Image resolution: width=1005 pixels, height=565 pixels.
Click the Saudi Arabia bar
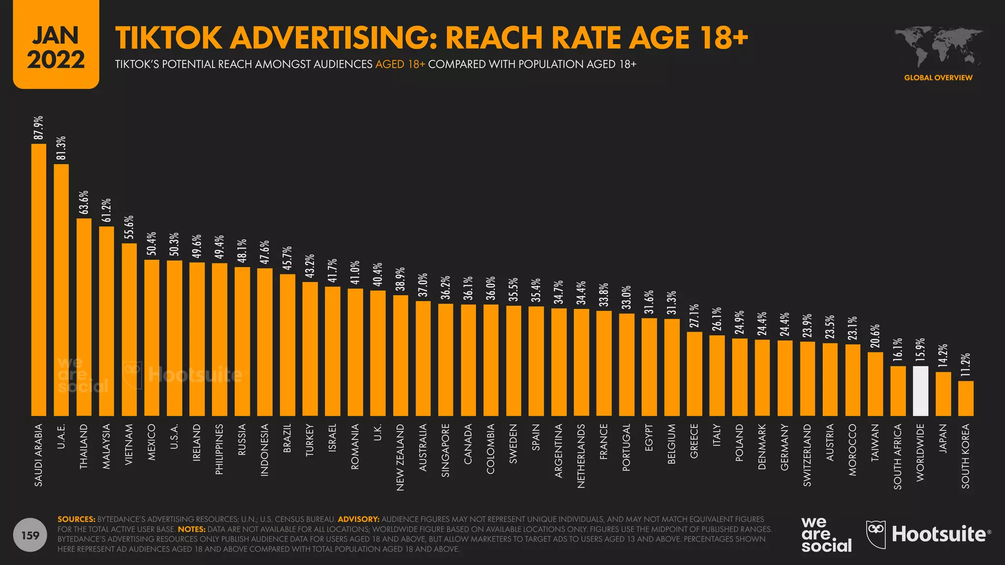tap(39, 280)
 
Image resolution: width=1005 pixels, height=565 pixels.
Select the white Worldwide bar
tap(920, 391)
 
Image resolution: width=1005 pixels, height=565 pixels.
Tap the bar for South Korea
tap(966, 398)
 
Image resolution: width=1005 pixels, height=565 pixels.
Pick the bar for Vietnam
tap(129, 330)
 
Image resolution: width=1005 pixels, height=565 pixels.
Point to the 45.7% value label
tap(287, 258)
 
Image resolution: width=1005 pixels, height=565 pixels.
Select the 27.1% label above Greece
tap(694, 316)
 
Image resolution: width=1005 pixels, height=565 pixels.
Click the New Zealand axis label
tap(400, 457)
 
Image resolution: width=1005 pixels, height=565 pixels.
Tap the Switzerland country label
tap(807, 455)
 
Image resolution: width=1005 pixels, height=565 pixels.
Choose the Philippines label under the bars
tap(219, 449)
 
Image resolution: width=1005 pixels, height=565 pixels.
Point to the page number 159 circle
tap(30, 535)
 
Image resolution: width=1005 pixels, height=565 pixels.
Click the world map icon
tap(938, 47)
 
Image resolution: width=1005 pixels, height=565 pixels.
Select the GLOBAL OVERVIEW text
tap(938, 77)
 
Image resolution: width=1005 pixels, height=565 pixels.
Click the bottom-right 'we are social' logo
tap(826, 535)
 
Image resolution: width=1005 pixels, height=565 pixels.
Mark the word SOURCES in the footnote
tap(77, 519)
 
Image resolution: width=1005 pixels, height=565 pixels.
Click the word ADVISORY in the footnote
tap(358, 519)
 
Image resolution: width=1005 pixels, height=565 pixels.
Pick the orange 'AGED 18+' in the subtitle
tap(400, 64)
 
